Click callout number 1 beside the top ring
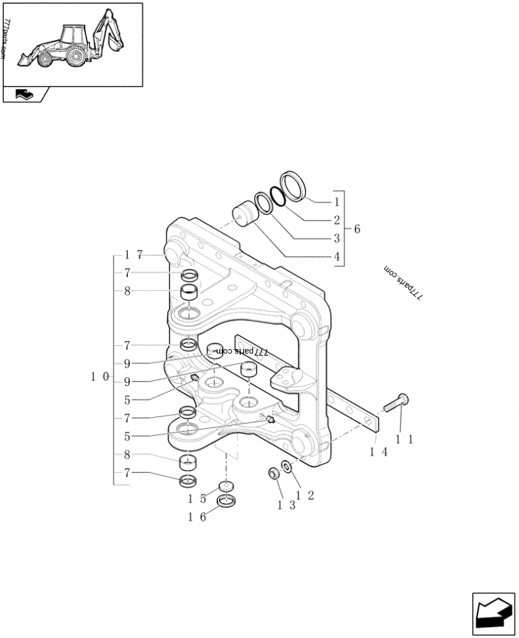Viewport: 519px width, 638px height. (x=337, y=201)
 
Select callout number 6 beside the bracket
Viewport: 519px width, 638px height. (x=357, y=229)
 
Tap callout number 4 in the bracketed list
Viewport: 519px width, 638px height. (x=337, y=256)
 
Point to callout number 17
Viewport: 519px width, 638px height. (x=133, y=255)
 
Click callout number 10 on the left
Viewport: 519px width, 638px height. (x=100, y=377)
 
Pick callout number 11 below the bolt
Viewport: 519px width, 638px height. (x=404, y=439)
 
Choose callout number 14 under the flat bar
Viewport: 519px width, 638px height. (x=378, y=451)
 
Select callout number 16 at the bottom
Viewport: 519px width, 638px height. (x=197, y=517)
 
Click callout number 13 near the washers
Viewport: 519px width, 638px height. (x=286, y=505)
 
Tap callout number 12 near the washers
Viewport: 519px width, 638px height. (x=305, y=496)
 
